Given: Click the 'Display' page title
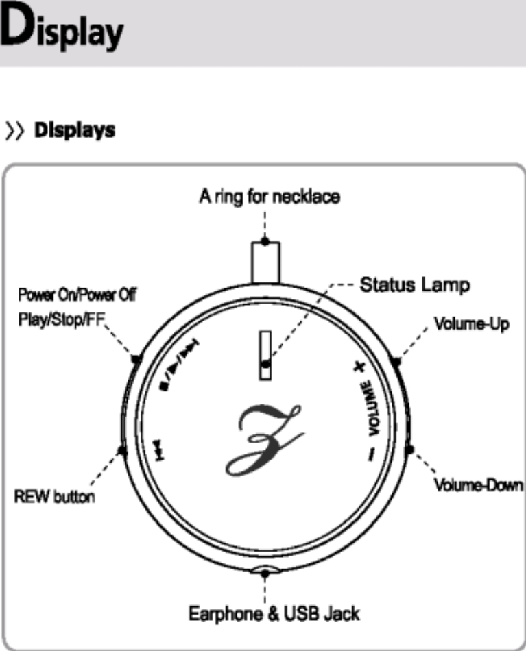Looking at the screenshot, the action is (62, 31).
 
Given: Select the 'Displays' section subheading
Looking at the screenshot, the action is (75, 130).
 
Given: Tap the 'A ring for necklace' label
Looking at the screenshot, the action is (270, 197).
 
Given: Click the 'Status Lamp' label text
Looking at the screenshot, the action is (416, 284).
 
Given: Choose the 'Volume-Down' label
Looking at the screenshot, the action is (479, 485).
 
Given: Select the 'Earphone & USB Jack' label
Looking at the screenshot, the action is (274, 613).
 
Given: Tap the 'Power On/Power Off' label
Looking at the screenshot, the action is (77, 295).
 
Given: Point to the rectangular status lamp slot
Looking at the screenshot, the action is (265, 354).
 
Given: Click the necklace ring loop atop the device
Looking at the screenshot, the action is (265, 260).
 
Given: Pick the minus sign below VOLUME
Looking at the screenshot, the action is (370, 453).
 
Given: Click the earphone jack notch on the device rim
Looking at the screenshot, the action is (265, 570).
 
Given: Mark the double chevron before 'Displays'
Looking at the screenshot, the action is (14, 131).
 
